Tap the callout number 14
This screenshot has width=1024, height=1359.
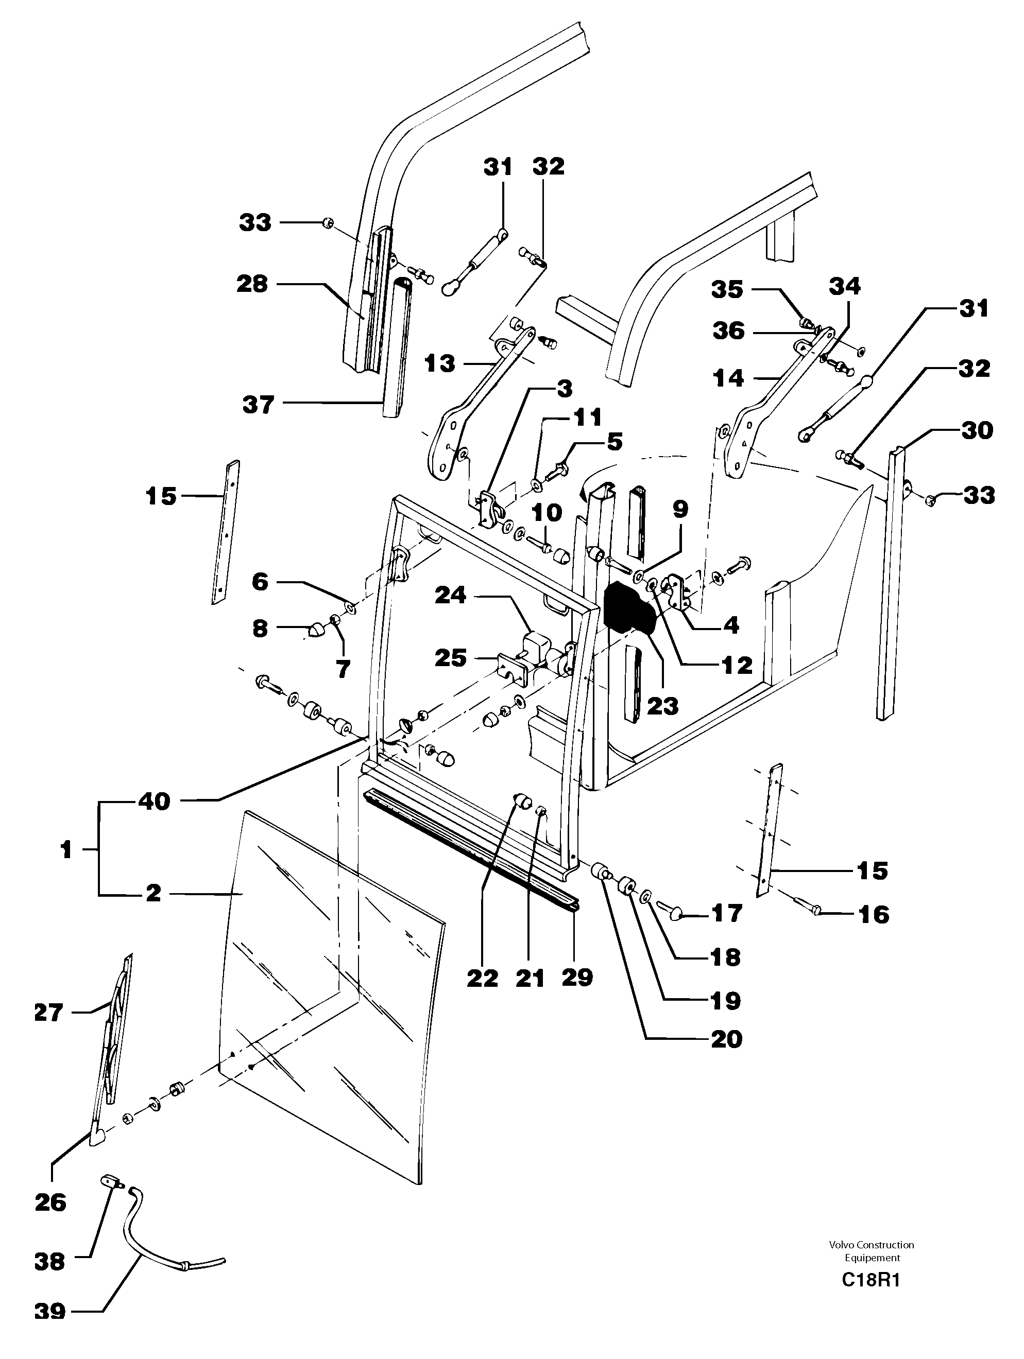[x=728, y=378]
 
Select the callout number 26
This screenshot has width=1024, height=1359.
[x=50, y=1203]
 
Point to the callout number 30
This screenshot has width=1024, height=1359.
[x=977, y=429]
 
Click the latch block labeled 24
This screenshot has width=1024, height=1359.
[x=535, y=643]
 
